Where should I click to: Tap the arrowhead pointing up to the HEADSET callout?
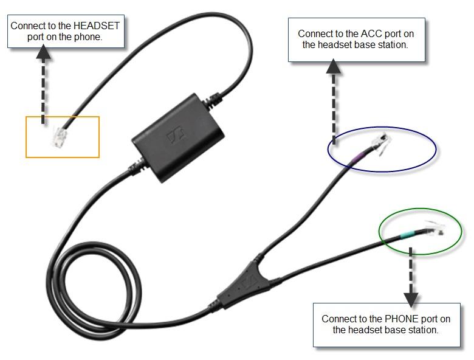pos(43,52)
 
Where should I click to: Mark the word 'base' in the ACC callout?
pos(373,44)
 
